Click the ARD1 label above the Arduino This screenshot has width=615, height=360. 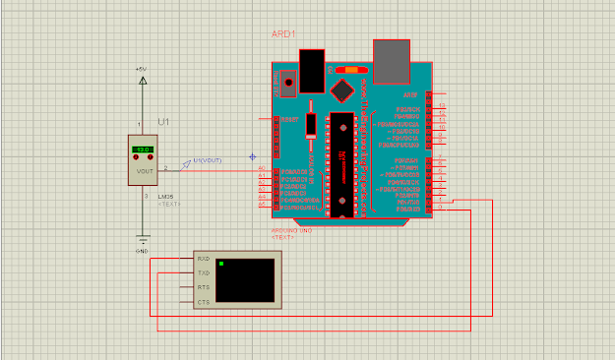coord(284,34)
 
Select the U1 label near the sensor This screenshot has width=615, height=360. coord(163,121)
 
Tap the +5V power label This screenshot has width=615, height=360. coord(142,69)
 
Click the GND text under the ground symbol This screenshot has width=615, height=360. coord(142,252)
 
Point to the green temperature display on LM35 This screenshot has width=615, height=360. coord(143,149)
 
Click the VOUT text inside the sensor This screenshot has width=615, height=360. coord(145,169)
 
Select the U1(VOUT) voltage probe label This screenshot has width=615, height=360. coord(208,159)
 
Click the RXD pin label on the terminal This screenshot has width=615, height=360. coord(204,259)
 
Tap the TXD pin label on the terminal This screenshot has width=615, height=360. coord(204,272)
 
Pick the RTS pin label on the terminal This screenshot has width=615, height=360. coord(204,287)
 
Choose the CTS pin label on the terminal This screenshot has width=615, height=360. coord(204,302)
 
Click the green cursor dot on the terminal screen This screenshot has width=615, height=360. coord(223,264)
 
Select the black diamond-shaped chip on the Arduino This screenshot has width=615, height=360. coord(342,90)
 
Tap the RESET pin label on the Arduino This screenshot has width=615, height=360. coord(289,119)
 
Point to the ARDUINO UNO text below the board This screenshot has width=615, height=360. coord(291,231)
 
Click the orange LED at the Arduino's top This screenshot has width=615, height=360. coord(348,71)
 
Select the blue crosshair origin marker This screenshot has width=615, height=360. coord(253,155)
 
